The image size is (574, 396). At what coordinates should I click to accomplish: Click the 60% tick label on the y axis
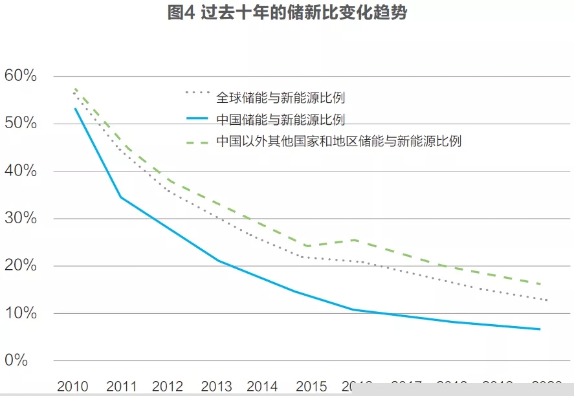pos(21,76)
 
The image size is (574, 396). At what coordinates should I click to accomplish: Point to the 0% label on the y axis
pos(17,360)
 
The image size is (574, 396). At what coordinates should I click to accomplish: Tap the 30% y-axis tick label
pos(21,218)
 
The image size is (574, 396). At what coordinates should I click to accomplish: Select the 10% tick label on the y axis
pos(21,313)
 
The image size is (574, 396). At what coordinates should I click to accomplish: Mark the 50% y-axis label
pos(21,124)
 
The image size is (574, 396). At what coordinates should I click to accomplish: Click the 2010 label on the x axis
pos(74,387)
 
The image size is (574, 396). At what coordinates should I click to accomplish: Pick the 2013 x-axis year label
pos(217,387)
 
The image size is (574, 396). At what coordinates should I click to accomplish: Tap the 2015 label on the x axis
pos(311,387)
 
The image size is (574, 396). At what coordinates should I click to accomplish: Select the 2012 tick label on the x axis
pos(169,387)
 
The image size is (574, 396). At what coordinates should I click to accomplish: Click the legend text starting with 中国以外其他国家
pos(338,140)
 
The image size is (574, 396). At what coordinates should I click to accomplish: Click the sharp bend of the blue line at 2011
pos(121,197)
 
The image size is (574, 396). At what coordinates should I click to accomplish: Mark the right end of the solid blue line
pos(540,329)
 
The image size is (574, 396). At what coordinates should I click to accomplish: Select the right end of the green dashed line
pos(540,284)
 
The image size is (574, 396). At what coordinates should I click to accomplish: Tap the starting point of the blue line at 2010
pos(75,108)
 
